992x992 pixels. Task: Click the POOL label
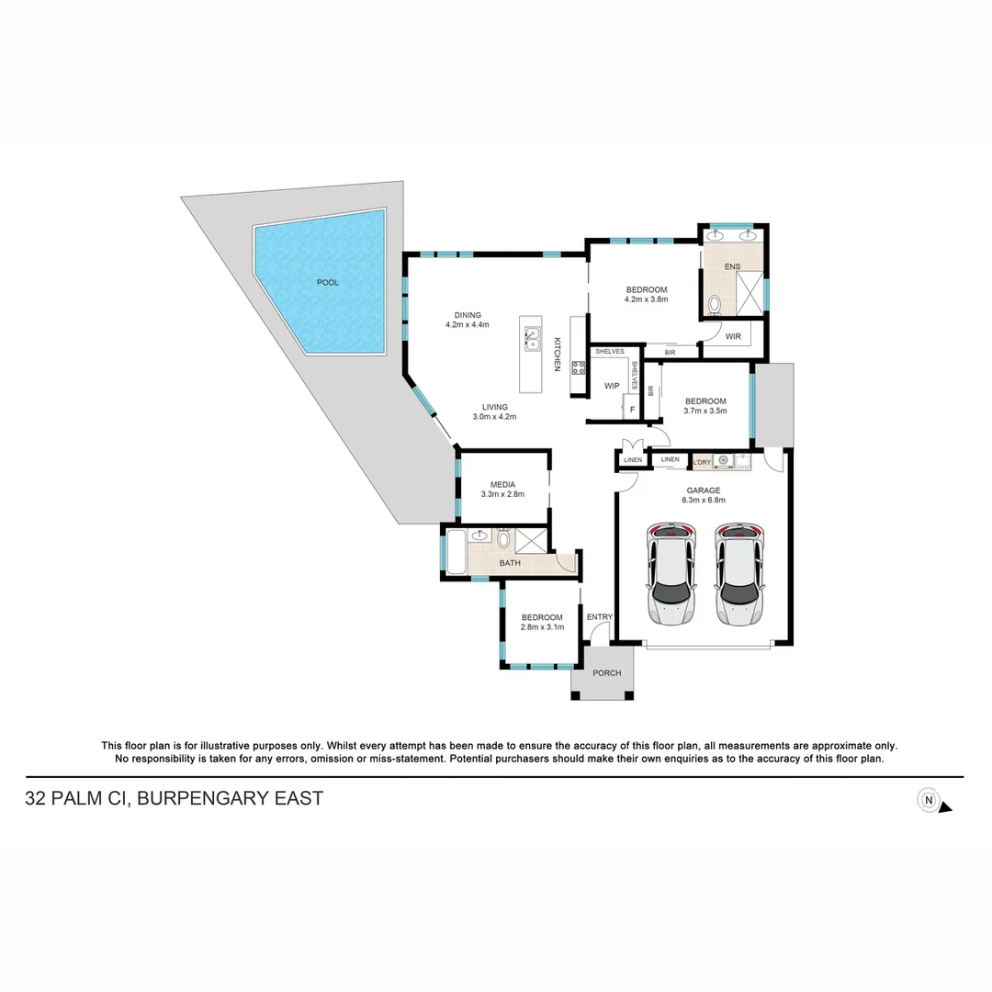328,282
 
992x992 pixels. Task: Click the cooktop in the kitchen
579,367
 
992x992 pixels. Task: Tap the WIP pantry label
612,386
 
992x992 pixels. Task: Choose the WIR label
733,337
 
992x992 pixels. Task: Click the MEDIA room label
502,484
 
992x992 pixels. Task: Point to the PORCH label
606,673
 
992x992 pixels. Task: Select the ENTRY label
600,616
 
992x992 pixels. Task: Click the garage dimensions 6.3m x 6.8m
704,501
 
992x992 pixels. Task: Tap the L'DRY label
703,461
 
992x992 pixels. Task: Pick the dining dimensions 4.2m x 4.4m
468,324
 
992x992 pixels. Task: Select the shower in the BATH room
532,539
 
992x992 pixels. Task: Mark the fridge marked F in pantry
632,410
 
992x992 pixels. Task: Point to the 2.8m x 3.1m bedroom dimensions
542,626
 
